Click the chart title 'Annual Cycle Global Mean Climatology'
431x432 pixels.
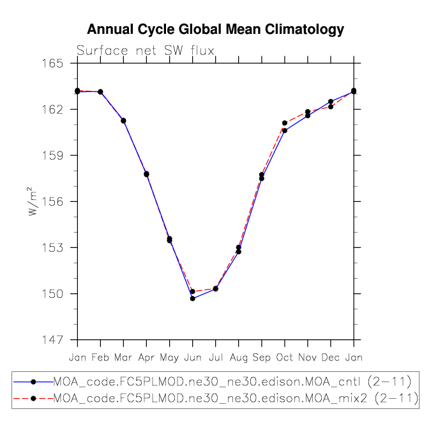click(216, 29)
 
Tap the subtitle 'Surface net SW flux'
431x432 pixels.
click(146, 50)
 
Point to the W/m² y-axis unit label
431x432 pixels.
click(32, 201)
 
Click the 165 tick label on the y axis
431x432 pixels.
click(52, 64)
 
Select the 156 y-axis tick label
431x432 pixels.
click(52, 202)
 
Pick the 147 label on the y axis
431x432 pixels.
click(52, 340)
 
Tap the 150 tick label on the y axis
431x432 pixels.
click(52, 294)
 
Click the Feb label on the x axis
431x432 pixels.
click(100, 357)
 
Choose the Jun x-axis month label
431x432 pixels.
click(193, 357)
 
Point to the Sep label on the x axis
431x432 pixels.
click(261, 358)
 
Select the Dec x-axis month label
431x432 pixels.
click(331, 357)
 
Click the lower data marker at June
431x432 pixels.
click(193, 298)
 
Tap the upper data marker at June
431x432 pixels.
click(193, 291)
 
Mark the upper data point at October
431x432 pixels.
click(285, 123)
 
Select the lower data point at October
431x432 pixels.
click(285, 130)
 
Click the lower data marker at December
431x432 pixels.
click(331, 107)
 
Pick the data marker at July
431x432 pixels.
click(216, 289)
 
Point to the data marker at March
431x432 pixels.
click(123, 121)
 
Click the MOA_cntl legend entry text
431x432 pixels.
click(232, 382)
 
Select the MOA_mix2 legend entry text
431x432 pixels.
click(236, 398)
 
